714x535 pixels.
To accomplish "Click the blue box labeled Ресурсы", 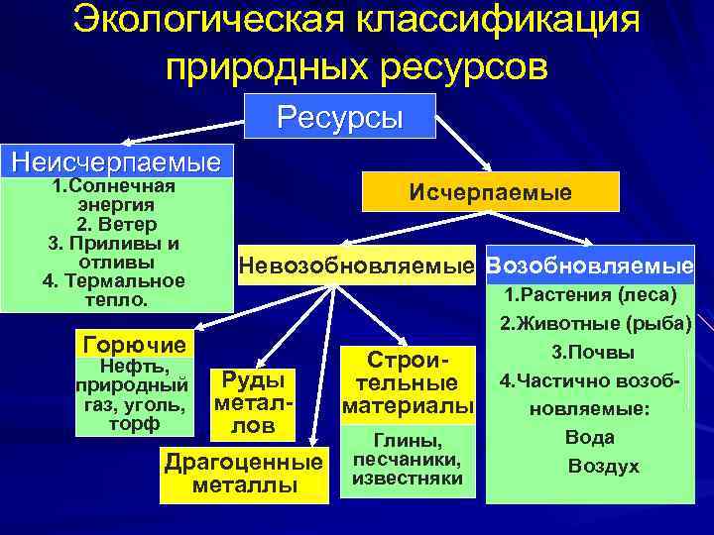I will click(x=340, y=116).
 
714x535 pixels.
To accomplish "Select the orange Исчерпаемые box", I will click(x=491, y=191).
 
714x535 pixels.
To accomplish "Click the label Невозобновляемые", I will click(x=358, y=267).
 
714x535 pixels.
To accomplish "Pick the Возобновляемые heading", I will click(x=591, y=267).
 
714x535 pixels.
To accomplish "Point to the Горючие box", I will click(x=136, y=345).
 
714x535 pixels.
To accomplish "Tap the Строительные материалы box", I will click(x=408, y=381).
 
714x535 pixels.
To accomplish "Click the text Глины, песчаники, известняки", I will click(x=408, y=460).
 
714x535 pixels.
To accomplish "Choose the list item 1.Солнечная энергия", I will click(x=115, y=195).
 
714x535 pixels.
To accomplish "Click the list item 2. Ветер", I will click(x=115, y=224).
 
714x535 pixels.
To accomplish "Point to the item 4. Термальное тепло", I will click(x=115, y=289).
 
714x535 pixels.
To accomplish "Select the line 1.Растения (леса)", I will click(x=590, y=294).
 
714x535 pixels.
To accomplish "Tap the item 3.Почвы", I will click(x=593, y=351).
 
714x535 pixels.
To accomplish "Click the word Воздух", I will click(x=603, y=466).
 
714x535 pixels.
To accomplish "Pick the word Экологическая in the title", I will click(x=203, y=20).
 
